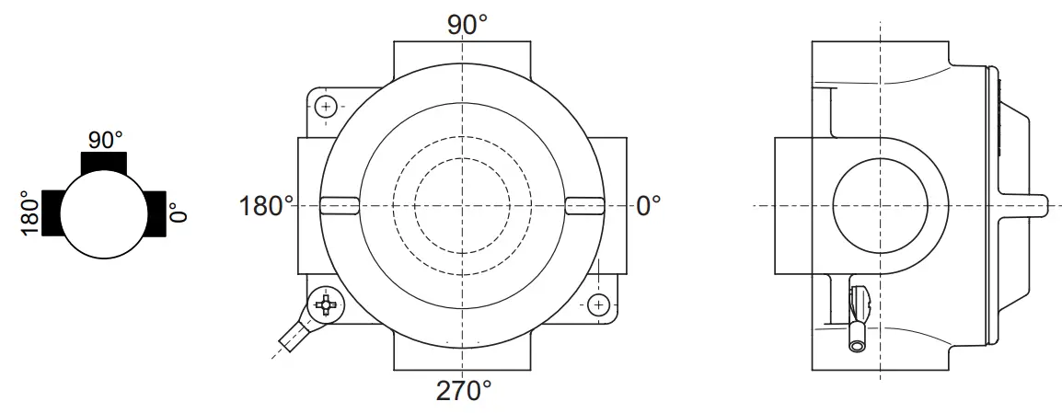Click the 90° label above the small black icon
click(x=106, y=140)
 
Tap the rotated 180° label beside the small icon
click(x=29, y=213)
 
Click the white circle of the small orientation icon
click(x=103, y=213)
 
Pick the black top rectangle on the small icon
click(x=104, y=162)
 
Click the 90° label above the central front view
click(x=468, y=25)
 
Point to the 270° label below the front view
click(x=464, y=392)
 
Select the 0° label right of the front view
click(x=649, y=205)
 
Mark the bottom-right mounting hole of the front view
click(x=599, y=304)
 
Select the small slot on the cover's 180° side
click(x=339, y=204)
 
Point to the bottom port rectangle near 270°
click(x=463, y=355)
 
